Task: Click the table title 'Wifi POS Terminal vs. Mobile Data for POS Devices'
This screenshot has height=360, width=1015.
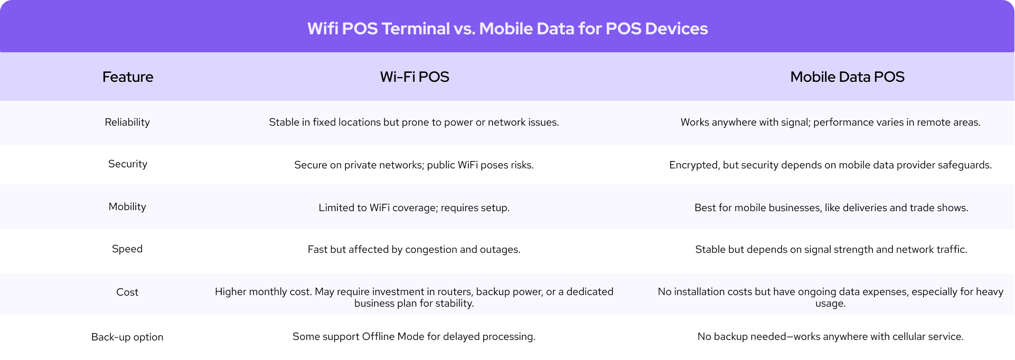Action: [x=507, y=29]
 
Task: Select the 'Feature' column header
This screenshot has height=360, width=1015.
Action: [x=128, y=77]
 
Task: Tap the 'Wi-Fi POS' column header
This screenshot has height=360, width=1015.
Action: [x=415, y=77]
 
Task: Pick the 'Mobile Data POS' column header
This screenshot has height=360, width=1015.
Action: [x=847, y=77]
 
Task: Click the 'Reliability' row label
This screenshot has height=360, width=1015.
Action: [x=127, y=122]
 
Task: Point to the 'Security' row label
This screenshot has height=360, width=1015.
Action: [x=128, y=164]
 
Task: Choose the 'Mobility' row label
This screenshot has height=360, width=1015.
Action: [x=127, y=207]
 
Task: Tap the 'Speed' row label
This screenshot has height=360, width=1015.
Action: [x=127, y=249]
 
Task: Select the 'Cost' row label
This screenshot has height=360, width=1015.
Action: [x=127, y=292]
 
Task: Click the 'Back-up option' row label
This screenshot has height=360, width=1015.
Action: [x=127, y=337]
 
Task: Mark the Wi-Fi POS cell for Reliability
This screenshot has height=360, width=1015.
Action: [x=414, y=122]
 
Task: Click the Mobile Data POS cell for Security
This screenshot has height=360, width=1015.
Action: [x=830, y=165]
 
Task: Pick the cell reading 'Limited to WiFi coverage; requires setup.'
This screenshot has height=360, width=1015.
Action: [x=414, y=208]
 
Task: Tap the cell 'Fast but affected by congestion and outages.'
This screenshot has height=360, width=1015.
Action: [x=414, y=250]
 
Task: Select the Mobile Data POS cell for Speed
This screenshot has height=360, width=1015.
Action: [x=831, y=250]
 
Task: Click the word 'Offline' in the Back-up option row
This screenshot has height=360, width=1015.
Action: [x=378, y=337]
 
